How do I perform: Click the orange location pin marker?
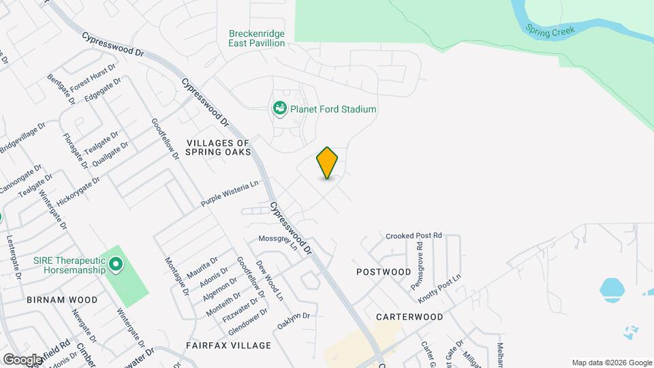[x=328, y=163]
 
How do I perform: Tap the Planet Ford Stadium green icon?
[x=279, y=108]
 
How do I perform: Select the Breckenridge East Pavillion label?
[x=256, y=38]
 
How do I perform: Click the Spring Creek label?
[x=550, y=30]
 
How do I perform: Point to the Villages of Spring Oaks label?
[x=219, y=147]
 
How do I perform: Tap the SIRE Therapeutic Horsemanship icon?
[x=116, y=262]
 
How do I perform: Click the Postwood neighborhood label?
[x=384, y=272]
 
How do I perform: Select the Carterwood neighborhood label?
[x=409, y=317]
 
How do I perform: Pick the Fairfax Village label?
[x=228, y=346]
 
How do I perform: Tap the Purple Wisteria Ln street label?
[x=230, y=194]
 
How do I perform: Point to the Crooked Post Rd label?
[x=414, y=236]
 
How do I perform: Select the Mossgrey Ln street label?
[x=279, y=242]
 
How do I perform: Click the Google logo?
[x=22, y=359]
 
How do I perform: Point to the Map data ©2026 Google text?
[x=612, y=363]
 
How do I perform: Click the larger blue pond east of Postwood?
[x=612, y=289]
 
